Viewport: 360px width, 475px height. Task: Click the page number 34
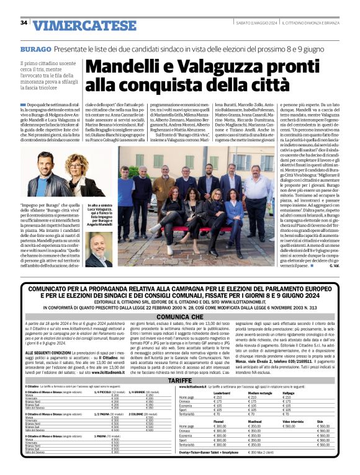coord(24,23)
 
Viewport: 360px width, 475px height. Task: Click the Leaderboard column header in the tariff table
coord(222,393)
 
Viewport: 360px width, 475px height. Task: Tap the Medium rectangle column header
coord(260,393)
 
